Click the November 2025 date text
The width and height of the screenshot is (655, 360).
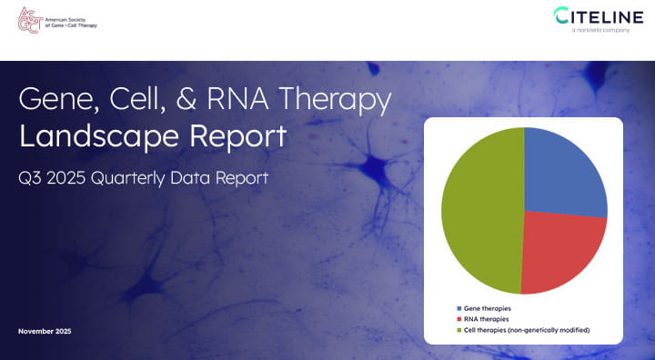[x=45, y=331]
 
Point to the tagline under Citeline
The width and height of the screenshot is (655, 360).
[x=600, y=31]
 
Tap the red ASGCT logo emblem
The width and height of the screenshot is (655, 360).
[x=29, y=20]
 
